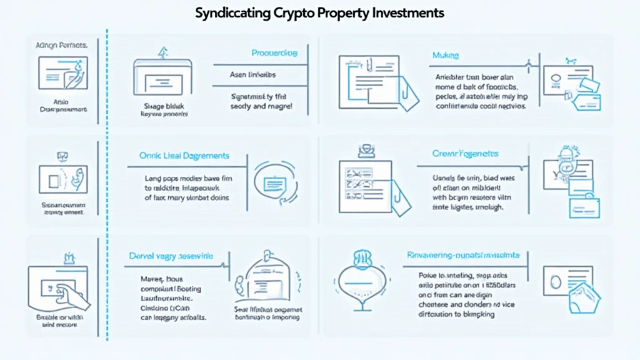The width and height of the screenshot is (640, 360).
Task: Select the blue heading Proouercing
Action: coord(274,54)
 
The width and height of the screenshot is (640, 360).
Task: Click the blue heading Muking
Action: coord(445,56)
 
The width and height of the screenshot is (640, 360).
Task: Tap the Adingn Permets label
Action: coord(62,45)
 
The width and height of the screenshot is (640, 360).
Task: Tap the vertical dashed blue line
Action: coord(107,187)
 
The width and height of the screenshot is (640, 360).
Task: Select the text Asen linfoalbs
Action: coord(253,75)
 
